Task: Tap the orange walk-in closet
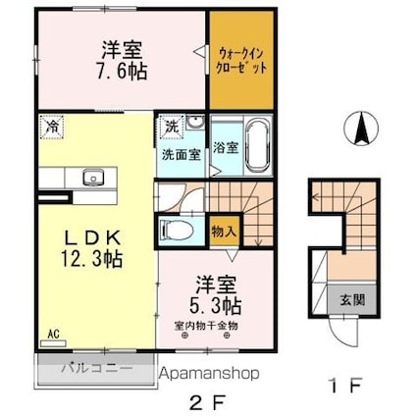[239, 63]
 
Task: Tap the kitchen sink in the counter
[94, 178]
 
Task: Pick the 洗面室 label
[182, 154]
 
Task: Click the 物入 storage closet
[224, 232]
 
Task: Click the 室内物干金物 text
[205, 325]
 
